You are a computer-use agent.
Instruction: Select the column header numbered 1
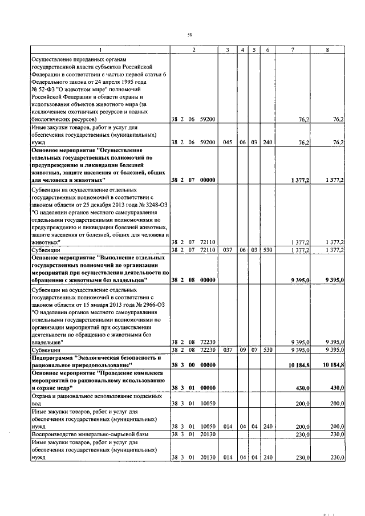(x=100, y=51)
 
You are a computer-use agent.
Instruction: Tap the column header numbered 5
(x=254, y=51)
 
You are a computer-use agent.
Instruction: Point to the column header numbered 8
(x=327, y=51)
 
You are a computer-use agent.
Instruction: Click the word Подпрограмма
(x=52, y=357)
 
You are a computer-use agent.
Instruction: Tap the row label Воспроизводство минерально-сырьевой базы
(x=90, y=434)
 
